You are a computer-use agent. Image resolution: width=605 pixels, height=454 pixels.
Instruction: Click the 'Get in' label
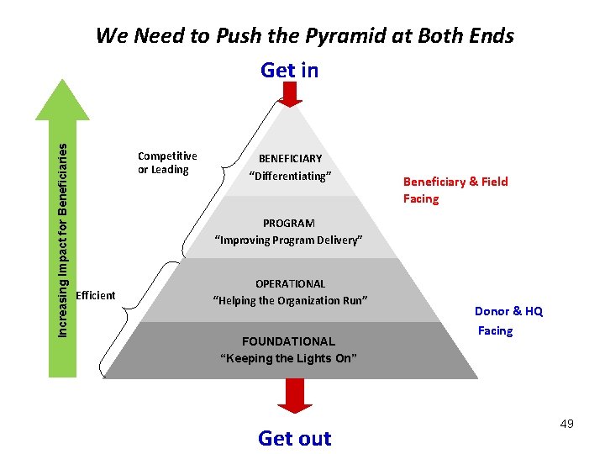click(290, 70)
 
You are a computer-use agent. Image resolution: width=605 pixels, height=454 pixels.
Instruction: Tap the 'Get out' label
click(294, 438)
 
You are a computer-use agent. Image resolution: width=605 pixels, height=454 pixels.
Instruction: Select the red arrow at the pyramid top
click(290, 94)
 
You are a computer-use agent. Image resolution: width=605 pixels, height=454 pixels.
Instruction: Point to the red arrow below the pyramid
click(294, 396)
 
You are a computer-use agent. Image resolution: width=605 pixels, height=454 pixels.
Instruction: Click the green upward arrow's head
click(62, 99)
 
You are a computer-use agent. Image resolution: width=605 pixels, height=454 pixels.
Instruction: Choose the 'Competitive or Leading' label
click(167, 162)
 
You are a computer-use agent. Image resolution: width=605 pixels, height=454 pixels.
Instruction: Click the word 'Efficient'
click(96, 295)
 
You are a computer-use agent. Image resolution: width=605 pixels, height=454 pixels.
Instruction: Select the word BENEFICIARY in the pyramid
click(290, 158)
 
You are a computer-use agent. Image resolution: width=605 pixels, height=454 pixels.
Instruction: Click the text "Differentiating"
click(291, 175)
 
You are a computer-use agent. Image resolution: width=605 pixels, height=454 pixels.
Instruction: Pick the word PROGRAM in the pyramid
click(289, 223)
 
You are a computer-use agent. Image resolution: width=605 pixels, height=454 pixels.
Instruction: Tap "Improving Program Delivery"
click(289, 240)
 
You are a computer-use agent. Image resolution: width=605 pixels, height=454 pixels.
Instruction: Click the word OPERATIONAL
click(290, 283)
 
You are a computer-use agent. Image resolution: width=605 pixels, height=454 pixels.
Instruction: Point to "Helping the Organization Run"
click(290, 300)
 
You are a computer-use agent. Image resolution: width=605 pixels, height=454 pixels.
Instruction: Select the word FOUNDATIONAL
click(288, 341)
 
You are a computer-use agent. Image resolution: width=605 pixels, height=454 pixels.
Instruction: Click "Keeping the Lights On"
click(288, 358)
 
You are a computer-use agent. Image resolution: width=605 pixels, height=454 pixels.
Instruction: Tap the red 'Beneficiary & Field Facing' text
click(455, 190)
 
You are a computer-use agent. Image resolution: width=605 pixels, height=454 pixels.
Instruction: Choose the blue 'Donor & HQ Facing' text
click(508, 320)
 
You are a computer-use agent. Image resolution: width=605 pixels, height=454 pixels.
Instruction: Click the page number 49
click(566, 424)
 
